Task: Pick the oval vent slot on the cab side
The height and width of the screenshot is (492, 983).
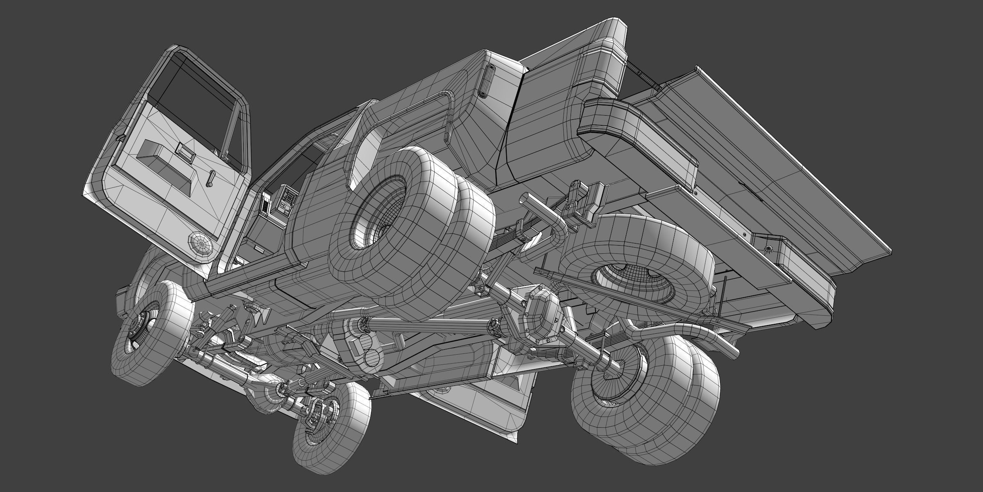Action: pyautogui.click(x=486, y=80)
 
